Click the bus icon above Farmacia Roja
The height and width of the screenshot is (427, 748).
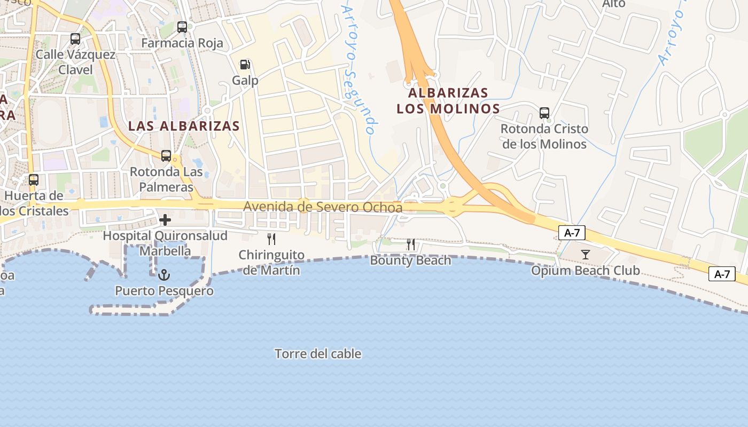pos(182,27)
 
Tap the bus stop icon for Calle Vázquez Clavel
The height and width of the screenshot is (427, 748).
pos(75,38)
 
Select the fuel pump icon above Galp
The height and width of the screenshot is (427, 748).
pos(245,65)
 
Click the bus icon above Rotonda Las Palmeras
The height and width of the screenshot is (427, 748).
pos(166,156)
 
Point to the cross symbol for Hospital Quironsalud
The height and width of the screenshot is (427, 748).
pos(165,219)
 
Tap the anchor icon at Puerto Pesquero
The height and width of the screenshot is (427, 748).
pos(164,275)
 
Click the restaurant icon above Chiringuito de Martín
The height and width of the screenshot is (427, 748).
pos(271,239)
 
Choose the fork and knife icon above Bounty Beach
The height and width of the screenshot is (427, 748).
pos(411,244)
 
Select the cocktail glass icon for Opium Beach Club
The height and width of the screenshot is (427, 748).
pos(586,255)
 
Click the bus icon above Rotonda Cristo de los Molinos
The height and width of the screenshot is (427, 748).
pos(544,113)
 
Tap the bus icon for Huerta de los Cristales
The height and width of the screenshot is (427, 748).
pos(34,180)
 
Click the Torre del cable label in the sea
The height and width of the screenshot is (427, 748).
pos(318,354)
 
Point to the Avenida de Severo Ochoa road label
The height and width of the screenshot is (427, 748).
pos(323,207)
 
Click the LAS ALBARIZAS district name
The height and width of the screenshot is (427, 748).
pos(184,126)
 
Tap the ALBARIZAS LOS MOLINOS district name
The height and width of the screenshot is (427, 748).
pos(448,101)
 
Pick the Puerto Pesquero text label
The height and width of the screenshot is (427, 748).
pos(164,291)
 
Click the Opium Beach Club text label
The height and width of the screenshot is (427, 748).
pos(585,271)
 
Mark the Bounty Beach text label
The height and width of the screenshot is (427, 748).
pos(410,260)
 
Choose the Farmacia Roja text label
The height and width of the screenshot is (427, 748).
pos(182,43)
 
